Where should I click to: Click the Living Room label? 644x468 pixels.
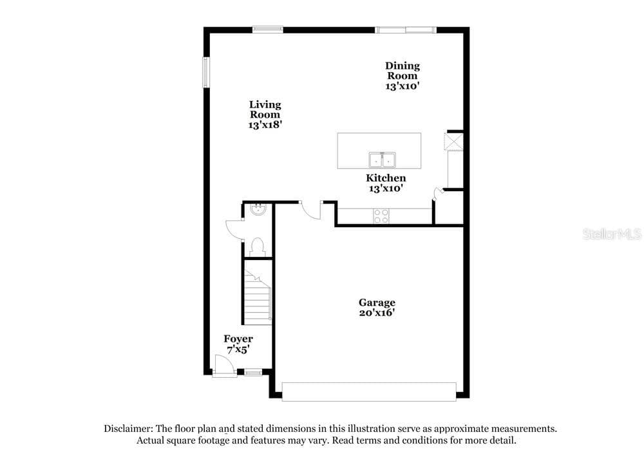(x=265, y=109)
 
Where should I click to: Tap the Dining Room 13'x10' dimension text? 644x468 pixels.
(x=402, y=86)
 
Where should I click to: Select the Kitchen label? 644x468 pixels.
(x=386, y=178)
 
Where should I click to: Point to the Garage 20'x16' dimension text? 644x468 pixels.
(x=377, y=313)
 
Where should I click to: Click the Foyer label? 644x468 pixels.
(x=238, y=339)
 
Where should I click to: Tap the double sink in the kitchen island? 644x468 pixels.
(x=382, y=160)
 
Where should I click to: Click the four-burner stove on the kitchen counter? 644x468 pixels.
(x=381, y=216)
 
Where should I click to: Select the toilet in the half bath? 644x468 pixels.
(x=258, y=247)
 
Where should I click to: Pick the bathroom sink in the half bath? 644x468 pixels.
(x=258, y=210)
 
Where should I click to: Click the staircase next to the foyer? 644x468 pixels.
(x=258, y=297)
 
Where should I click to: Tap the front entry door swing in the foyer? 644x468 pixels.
(x=224, y=366)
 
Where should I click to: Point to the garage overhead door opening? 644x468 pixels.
(x=369, y=391)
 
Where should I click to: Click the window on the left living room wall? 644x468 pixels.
(x=206, y=72)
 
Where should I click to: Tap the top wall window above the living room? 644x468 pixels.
(x=267, y=30)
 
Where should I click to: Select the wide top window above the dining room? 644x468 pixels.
(x=405, y=30)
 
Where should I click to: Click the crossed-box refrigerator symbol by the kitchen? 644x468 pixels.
(x=454, y=142)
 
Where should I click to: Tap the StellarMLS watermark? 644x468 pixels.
(x=612, y=234)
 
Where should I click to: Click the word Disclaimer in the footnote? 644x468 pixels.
(x=128, y=429)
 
